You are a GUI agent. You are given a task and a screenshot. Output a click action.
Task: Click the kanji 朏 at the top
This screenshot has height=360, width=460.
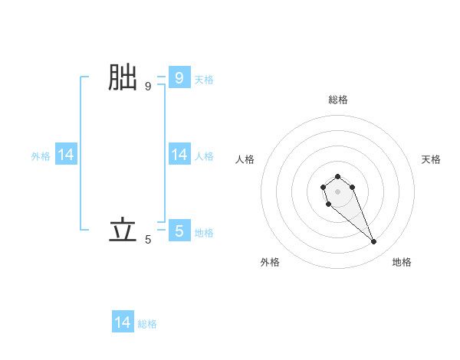tap(123, 78)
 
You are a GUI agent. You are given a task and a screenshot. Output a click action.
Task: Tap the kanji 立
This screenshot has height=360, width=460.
tap(123, 230)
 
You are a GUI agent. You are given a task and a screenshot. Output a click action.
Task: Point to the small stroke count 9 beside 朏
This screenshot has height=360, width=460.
tap(148, 87)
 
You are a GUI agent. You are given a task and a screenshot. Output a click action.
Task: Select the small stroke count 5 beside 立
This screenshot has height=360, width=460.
tap(148, 240)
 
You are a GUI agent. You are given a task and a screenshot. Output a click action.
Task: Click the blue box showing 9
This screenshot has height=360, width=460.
tap(179, 78)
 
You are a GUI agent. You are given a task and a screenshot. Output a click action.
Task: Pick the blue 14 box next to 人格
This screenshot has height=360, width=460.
tap(179, 155)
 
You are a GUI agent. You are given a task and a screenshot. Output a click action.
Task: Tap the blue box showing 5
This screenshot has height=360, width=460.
tap(179, 231)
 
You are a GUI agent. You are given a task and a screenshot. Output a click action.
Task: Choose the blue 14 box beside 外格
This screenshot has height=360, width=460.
tap(66, 155)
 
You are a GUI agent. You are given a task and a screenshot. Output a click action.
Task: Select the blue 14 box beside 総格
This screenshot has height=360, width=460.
tap(123, 323)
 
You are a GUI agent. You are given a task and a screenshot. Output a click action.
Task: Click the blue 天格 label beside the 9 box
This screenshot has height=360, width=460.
tap(204, 79)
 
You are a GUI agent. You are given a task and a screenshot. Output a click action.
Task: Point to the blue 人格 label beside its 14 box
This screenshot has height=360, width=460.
tap(204, 156)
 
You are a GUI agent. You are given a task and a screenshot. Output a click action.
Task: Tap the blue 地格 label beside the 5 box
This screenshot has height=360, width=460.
tap(204, 232)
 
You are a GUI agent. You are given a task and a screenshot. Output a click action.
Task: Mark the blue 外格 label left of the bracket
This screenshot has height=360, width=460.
tap(41, 156)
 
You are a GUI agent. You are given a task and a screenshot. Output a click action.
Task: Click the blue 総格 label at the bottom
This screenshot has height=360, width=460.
tap(147, 324)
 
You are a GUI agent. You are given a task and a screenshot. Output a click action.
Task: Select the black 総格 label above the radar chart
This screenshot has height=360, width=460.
tap(337, 100)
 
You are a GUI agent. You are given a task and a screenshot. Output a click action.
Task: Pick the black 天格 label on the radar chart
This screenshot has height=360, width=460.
tap(431, 159)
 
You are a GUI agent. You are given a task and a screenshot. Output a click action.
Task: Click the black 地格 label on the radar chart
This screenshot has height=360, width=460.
tap(402, 262)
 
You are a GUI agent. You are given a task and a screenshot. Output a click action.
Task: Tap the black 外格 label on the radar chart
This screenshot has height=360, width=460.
tap(270, 262)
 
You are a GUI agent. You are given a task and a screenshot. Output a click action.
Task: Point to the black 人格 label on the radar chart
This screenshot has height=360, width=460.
tap(245, 159)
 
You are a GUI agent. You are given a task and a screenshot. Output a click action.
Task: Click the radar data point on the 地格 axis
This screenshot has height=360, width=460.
tap(374, 242)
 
